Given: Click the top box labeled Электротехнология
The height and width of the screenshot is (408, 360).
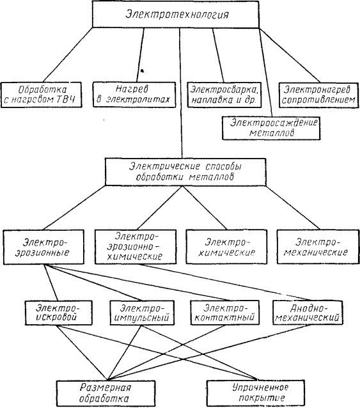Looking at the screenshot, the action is click(176, 14).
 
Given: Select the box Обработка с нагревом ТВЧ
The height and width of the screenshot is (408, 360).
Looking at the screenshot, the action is click(41, 95).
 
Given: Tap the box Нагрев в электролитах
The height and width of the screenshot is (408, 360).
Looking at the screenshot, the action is click(134, 95).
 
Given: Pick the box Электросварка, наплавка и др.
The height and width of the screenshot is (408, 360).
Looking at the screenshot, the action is click(224, 95).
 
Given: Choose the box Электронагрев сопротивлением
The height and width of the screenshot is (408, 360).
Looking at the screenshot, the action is click(318, 95).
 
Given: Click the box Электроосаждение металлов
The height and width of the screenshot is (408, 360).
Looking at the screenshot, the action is click(271, 128).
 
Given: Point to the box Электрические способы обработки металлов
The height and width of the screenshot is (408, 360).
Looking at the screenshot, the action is click(185, 172).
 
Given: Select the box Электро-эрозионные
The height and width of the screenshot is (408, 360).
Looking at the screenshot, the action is click(43, 247).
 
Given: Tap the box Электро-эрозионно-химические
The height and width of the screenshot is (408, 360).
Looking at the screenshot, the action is click(136, 247).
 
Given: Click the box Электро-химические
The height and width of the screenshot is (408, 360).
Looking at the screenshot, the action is click(226, 247).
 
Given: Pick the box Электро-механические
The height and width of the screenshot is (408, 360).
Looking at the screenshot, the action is click(318, 247).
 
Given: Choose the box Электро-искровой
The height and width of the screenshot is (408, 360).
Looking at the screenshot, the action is click(59, 313).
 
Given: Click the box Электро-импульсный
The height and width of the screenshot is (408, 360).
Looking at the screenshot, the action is click(142, 313).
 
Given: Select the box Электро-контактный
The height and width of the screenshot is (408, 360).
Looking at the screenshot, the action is click(224, 313).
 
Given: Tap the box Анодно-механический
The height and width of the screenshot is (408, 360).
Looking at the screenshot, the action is click(308, 313).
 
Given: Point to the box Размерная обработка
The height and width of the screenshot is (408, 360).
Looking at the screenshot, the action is click(106, 393).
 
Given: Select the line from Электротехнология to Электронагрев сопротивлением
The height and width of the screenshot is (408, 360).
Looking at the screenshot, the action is click(290, 55).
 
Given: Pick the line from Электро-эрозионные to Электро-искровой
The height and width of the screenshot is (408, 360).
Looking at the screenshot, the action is click(51, 283).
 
